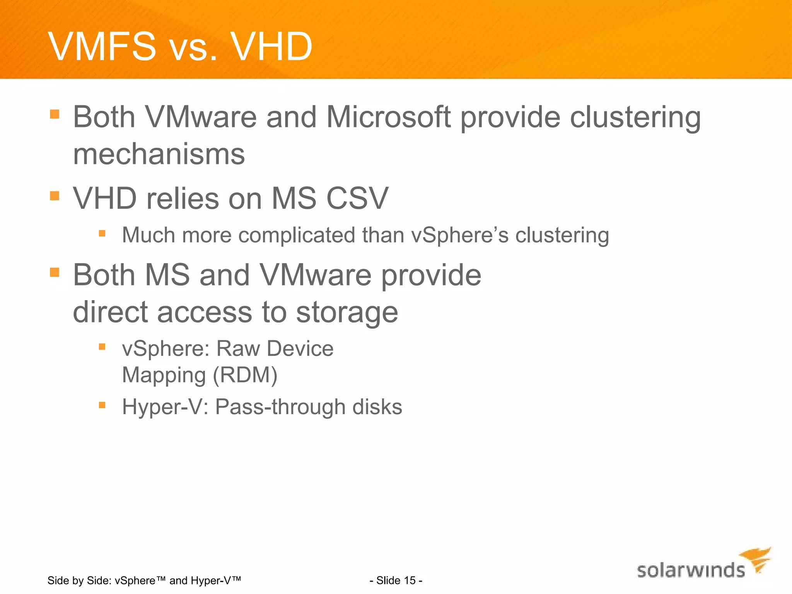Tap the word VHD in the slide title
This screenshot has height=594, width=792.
(271, 46)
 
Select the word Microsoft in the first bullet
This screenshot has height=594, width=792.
(388, 117)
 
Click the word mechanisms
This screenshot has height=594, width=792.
(159, 154)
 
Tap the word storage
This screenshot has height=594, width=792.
(346, 312)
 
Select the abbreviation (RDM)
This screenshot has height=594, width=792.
(245, 375)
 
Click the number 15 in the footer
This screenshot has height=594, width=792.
(410, 580)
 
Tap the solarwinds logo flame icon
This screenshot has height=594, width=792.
(756, 558)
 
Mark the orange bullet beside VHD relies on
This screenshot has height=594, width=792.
(55, 196)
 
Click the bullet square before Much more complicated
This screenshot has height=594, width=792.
(102, 233)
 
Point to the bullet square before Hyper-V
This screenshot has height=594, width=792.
(102, 405)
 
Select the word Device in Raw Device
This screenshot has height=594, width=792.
(300, 349)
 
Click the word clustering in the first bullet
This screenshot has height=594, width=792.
(635, 117)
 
